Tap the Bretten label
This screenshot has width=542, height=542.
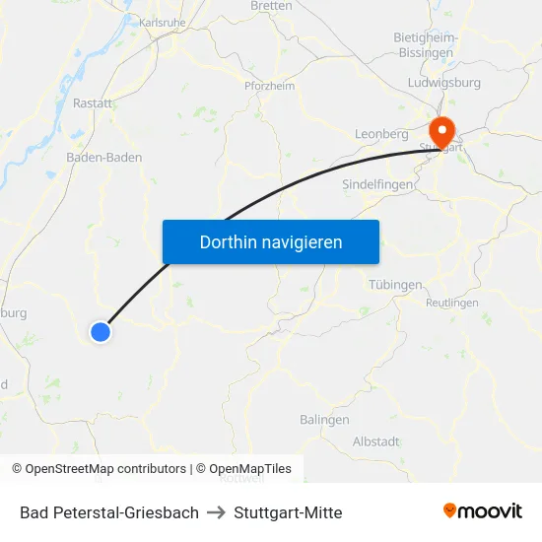[x=271, y=6]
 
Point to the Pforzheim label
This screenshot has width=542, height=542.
[x=269, y=86]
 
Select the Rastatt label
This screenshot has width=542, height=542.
[x=92, y=102]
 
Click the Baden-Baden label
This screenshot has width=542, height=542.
[x=103, y=157]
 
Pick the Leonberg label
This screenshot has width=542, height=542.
[x=381, y=133]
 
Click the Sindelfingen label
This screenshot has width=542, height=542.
[x=378, y=184]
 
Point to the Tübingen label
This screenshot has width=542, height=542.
[x=395, y=285]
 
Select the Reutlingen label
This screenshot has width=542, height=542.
[x=451, y=303]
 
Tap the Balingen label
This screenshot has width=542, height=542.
[x=324, y=419]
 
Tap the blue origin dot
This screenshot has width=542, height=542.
[x=100, y=332]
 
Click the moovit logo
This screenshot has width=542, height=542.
[x=482, y=511]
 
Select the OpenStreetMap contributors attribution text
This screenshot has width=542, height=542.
[x=99, y=469]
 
